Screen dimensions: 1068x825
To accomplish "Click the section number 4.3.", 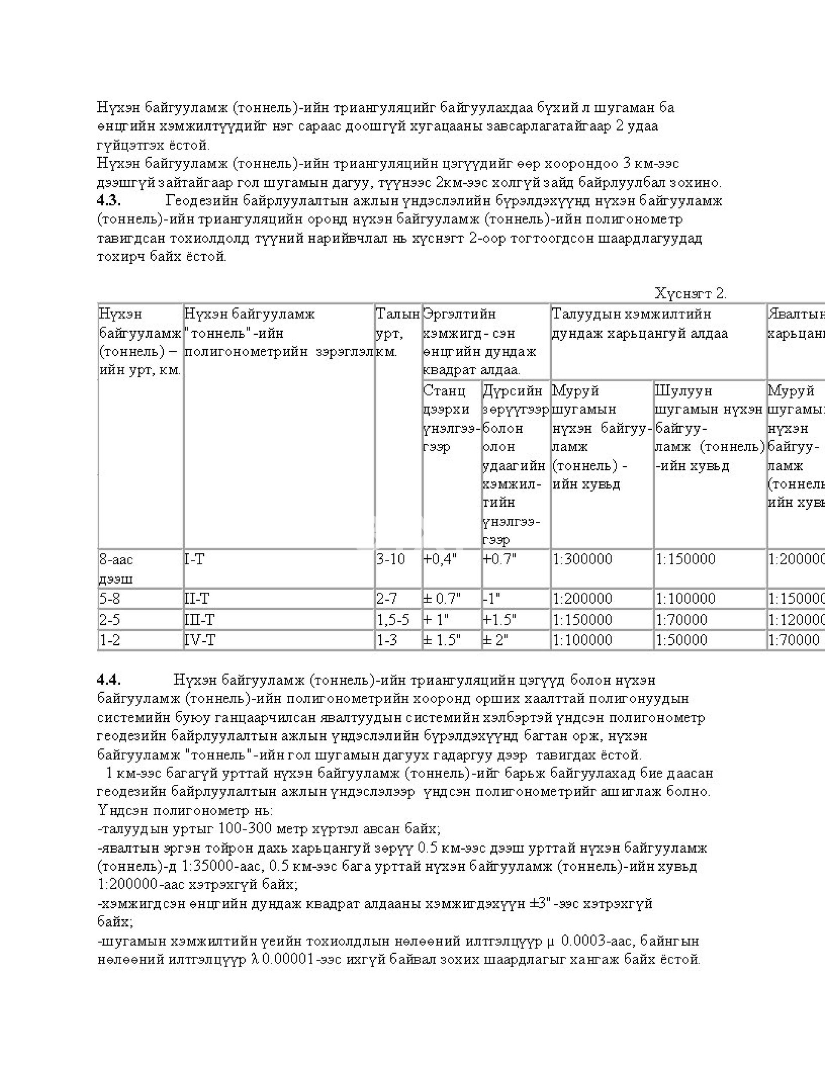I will [x=109, y=201].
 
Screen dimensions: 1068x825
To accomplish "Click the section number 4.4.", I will [x=109, y=680].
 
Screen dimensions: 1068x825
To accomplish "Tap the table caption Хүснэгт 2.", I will [x=691, y=294].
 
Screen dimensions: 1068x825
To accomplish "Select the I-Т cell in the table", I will [x=194, y=560].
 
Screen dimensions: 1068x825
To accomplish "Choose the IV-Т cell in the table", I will [x=199, y=640].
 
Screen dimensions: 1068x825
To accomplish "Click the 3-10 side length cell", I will [x=390, y=560].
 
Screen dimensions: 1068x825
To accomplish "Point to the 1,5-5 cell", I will [x=392, y=620].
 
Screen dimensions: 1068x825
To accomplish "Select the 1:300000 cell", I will [x=582, y=560].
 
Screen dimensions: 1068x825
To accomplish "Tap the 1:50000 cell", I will [x=681, y=640].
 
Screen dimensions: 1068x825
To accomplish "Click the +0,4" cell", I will [x=440, y=560].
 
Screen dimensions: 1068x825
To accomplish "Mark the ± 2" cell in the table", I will [x=495, y=640].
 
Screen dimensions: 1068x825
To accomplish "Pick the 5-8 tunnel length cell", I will [x=110, y=599].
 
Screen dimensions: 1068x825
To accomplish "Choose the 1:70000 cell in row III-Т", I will [x=681, y=620].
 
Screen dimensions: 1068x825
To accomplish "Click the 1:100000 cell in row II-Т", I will [x=685, y=599].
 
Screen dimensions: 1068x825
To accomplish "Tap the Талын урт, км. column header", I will [x=397, y=333].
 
